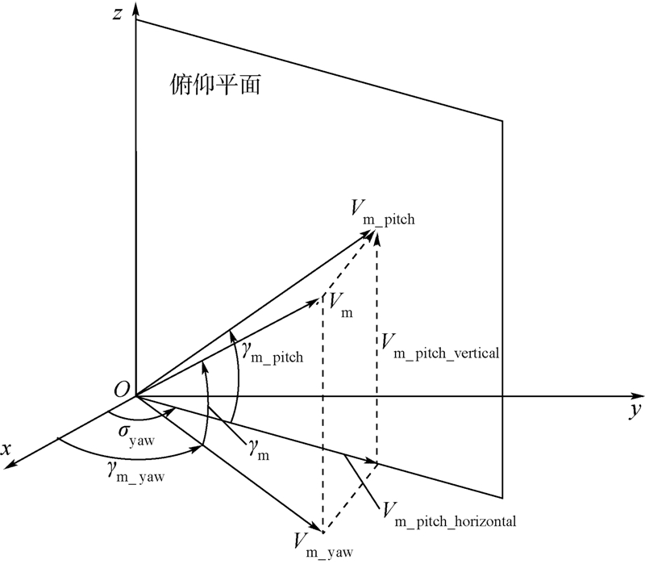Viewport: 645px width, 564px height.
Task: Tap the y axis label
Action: [635, 411]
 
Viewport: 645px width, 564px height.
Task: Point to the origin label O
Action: [122, 389]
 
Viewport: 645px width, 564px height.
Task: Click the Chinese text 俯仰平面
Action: [215, 86]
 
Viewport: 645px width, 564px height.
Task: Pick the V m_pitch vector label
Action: [381, 212]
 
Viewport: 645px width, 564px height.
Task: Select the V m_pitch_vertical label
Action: [443, 349]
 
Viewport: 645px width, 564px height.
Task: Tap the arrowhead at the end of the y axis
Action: [637, 396]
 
